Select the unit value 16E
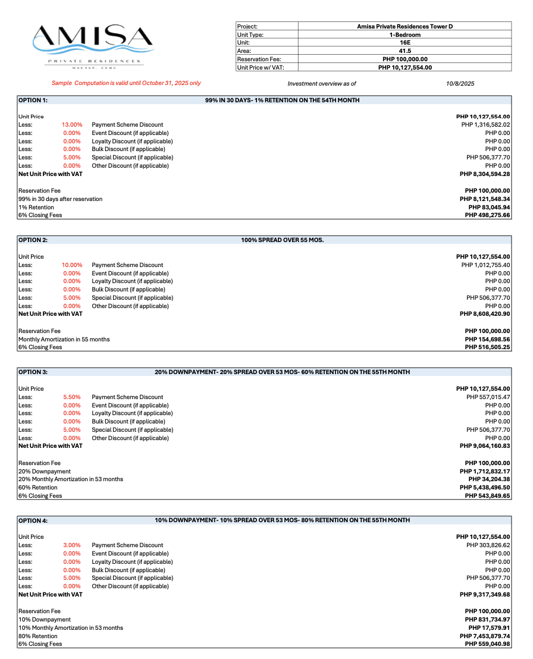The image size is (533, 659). coord(405,43)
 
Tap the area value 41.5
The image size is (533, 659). coord(405,51)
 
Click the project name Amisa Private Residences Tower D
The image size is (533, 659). coord(405,26)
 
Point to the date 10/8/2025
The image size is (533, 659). coord(460,84)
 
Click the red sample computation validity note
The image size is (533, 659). coord(126,83)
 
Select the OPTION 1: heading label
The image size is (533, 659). coord(33,101)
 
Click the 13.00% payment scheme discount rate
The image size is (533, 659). coord(71,125)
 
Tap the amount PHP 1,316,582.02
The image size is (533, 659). coord(485,125)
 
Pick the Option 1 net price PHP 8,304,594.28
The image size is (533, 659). coord(485,174)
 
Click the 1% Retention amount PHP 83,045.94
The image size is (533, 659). coord(489,207)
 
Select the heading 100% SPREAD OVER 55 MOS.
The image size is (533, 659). coord(282,240)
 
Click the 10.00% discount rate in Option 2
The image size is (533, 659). coord(71,265)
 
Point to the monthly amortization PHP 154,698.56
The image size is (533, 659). coord(487,339)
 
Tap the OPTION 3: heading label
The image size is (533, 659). coord(33,372)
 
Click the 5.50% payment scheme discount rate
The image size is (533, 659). coord(72,397)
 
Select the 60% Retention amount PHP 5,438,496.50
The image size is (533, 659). coord(485,487)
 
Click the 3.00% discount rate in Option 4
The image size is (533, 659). coord(72,545)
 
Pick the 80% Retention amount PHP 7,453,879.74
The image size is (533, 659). coord(485,636)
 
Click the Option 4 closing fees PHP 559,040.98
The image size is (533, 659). coord(487,644)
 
